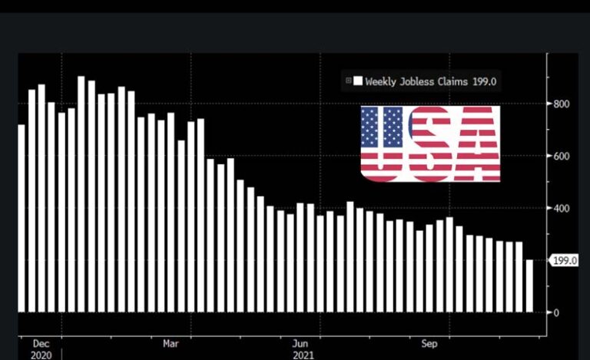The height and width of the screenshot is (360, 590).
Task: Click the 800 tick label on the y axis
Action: click(x=562, y=104)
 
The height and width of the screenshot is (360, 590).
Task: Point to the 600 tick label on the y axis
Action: click(x=562, y=157)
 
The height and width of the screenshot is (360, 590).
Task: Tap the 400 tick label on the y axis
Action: click(x=562, y=209)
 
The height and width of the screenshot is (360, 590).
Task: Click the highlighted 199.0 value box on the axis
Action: click(x=564, y=261)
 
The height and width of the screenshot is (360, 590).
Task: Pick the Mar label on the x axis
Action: click(x=171, y=344)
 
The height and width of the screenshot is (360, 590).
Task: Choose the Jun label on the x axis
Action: click(x=302, y=344)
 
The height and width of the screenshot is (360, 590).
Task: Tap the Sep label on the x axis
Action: click(x=429, y=344)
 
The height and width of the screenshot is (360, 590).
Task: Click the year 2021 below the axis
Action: click(x=303, y=355)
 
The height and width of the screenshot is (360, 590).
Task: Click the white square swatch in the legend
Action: click(x=358, y=80)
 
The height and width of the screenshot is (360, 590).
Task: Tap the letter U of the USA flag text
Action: click(x=383, y=144)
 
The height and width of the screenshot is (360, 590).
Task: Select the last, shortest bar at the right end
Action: click(x=529, y=286)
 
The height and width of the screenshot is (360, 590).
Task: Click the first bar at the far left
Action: click(x=22, y=218)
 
